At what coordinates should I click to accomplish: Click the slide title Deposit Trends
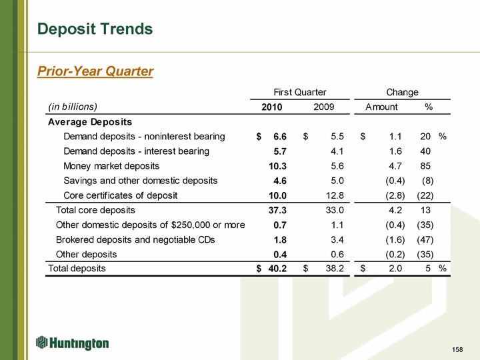point(95,29)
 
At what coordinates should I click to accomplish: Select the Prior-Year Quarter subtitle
point(95,71)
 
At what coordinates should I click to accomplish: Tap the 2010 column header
point(271,107)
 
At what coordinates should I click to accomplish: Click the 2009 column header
point(324,107)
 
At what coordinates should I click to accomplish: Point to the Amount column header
point(381,107)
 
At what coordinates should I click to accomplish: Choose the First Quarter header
point(300,92)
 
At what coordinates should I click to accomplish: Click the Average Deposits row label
point(90,122)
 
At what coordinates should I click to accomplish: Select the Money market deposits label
point(111,166)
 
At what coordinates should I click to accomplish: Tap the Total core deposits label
point(95,210)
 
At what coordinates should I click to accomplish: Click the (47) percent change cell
point(425,239)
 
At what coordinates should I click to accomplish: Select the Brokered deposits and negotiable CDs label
point(135,239)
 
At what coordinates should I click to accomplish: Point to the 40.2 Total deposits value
point(277,269)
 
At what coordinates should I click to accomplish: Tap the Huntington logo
point(73,343)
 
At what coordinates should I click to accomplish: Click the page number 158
point(457,350)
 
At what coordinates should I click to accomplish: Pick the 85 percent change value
point(426,166)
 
